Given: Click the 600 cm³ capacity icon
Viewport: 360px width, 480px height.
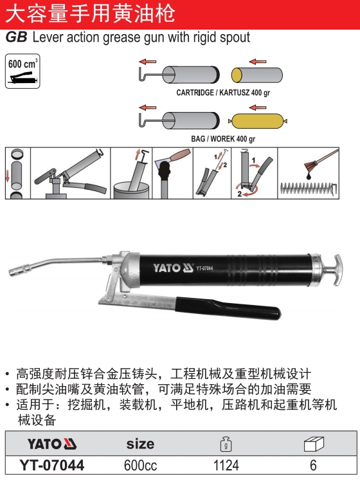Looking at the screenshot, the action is click(22, 71).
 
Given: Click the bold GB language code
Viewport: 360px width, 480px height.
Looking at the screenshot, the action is click(17, 37).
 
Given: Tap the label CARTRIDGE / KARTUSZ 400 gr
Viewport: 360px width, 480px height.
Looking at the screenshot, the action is click(223, 93).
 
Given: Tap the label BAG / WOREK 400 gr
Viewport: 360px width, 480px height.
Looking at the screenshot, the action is click(223, 139).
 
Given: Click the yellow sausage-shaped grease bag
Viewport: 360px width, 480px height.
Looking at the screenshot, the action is click(258, 121).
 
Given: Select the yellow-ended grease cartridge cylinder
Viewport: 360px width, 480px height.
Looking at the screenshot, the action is click(256, 75).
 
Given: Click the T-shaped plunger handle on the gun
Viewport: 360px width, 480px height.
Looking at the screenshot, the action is click(334, 270).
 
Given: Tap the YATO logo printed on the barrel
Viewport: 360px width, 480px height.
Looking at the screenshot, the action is click(173, 268).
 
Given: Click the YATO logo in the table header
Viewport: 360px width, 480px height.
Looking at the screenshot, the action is click(52, 444).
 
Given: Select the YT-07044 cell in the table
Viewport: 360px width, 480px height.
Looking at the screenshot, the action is click(51, 465).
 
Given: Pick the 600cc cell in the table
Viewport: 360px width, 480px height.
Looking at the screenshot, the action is click(140, 466).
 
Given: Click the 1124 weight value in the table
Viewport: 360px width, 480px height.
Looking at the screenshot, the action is click(226, 466).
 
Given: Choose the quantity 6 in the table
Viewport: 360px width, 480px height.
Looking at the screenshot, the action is click(313, 466).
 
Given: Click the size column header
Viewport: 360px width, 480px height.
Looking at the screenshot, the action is click(140, 444).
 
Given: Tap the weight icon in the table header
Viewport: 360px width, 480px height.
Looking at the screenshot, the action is click(226, 444).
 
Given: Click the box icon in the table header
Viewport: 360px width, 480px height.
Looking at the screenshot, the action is click(314, 444).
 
